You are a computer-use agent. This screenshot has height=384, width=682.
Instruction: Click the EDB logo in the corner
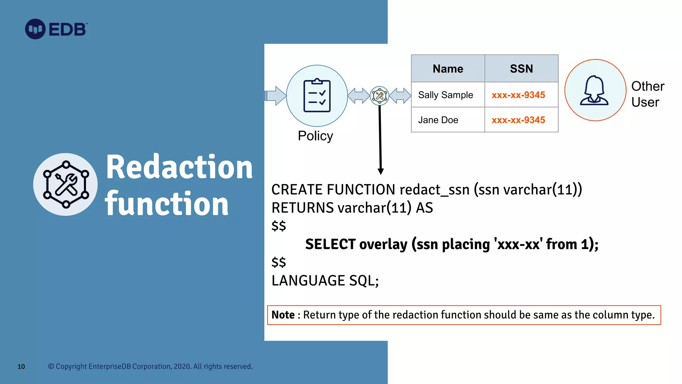click(x=56, y=29)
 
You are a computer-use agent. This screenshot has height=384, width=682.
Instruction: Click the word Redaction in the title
click(x=179, y=167)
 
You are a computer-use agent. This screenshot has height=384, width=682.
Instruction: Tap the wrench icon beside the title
click(x=66, y=184)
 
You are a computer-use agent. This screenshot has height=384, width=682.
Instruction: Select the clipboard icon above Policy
click(x=317, y=96)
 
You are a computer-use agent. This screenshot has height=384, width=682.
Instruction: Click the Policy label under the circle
click(x=315, y=136)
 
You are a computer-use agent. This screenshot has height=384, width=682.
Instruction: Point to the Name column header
click(x=448, y=69)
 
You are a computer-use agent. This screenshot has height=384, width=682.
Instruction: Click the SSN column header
click(x=521, y=69)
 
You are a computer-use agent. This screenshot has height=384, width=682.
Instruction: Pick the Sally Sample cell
click(x=445, y=95)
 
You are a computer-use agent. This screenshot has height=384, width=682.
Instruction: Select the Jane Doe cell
click(x=438, y=120)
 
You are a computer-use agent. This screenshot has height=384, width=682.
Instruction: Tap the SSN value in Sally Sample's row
click(x=518, y=95)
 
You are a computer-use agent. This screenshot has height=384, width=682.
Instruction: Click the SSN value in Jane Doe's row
click(x=518, y=120)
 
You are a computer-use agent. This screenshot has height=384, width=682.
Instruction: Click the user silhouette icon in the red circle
click(x=595, y=90)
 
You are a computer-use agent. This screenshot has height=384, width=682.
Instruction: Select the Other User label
click(x=647, y=94)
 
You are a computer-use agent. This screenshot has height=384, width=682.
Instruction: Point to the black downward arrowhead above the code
click(x=381, y=171)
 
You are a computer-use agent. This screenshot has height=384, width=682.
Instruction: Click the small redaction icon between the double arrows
click(x=379, y=96)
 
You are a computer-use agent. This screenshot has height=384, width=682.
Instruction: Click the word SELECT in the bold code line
click(x=330, y=244)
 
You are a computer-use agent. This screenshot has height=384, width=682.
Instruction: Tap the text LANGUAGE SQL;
click(x=325, y=281)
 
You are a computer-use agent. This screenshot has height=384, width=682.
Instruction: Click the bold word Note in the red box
click(x=283, y=315)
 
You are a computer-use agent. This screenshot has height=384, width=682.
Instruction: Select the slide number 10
click(x=21, y=367)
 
